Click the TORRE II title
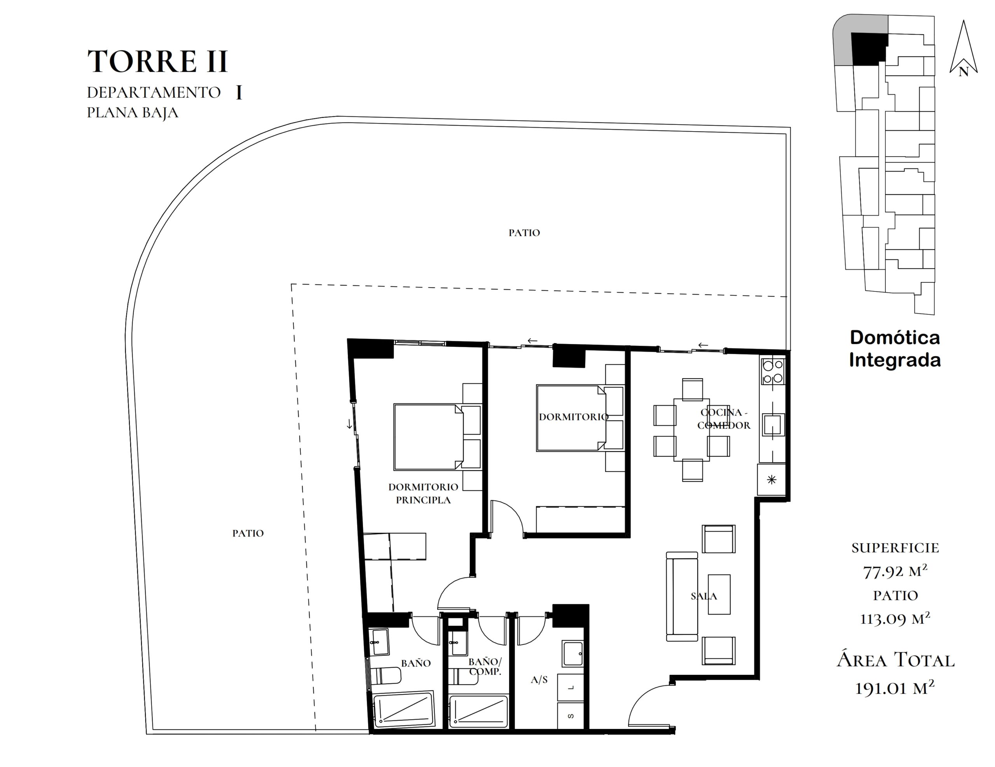(157, 61)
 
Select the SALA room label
(704, 596)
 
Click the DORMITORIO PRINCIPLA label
(423, 493)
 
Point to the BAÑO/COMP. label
(485, 666)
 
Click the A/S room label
(539, 680)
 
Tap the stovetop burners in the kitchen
(773, 372)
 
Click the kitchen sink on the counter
(773, 425)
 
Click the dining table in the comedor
(691, 430)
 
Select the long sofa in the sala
(682, 596)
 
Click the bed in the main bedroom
(428, 436)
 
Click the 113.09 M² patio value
(895, 619)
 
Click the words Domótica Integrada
(895, 349)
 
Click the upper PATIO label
(524, 233)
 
